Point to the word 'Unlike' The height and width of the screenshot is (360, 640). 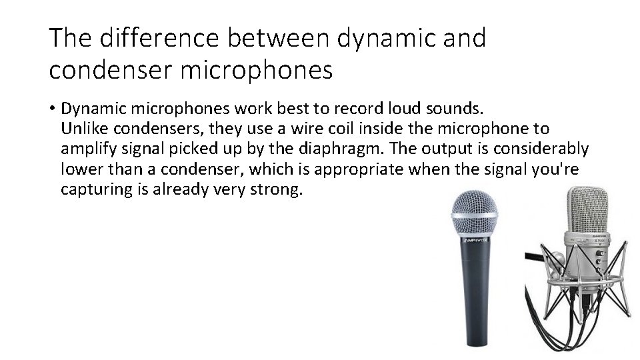coord(81,128)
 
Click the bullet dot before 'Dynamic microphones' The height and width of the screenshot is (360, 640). coord(52,108)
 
